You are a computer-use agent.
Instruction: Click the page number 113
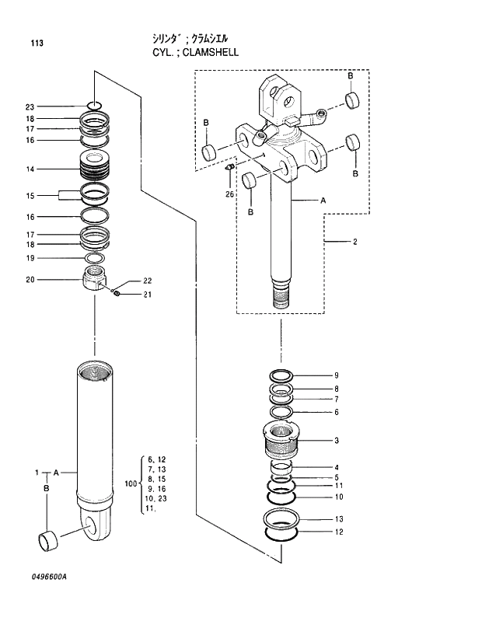coord(37,43)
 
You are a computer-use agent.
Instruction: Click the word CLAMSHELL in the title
coord(208,53)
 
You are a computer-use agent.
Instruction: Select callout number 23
coord(30,106)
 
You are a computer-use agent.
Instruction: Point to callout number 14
coord(30,169)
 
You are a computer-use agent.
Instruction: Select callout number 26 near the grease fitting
coord(230,194)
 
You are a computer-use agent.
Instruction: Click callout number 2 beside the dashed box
coord(355,242)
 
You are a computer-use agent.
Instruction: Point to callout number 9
coord(336,375)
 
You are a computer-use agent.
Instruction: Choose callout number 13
coord(338,518)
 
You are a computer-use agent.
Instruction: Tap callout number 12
coord(338,532)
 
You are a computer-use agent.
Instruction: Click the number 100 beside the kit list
coord(130,483)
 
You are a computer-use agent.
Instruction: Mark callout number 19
coord(30,258)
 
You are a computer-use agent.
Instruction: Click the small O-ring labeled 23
coord(95,106)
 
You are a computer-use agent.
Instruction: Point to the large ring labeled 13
coord(283,519)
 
